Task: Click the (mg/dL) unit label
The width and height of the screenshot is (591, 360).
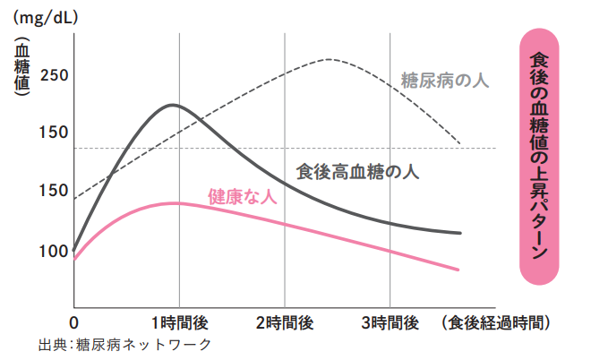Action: tap(46, 17)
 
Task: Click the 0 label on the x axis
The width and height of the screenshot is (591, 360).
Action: tap(74, 321)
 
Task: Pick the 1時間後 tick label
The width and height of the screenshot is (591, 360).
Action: tap(179, 321)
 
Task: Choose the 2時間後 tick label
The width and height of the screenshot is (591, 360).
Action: tap(286, 321)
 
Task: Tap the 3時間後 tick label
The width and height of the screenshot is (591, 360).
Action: tap(390, 321)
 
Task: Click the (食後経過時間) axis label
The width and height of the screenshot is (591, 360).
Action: tap(496, 321)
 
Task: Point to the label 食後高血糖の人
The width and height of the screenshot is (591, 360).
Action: tap(357, 171)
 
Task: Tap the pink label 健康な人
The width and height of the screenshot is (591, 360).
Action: tap(242, 196)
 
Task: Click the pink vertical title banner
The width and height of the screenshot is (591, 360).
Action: tap(539, 153)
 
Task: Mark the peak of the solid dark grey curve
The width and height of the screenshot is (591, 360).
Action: tap(171, 105)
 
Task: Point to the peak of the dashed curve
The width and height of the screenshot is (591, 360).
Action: tap(329, 59)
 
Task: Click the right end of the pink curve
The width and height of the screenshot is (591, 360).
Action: tap(459, 270)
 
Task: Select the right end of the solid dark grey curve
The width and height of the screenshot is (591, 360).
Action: tap(461, 233)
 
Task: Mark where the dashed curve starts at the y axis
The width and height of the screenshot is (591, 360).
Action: tap(75, 198)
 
